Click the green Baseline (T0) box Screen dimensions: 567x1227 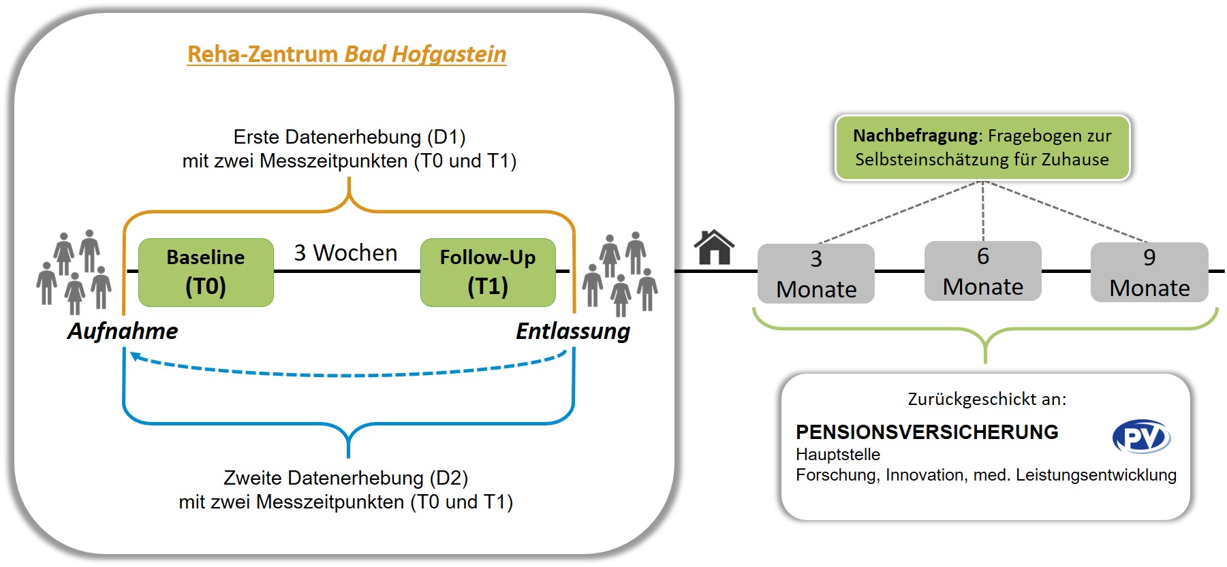pos(206,272)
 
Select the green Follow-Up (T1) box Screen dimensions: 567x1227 pos(488,272)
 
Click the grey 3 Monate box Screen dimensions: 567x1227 pos(816,274)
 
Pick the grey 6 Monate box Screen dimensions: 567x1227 pos(982,271)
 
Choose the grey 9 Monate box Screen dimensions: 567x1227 pos(1149,272)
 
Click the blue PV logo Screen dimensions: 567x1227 pos(1141,437)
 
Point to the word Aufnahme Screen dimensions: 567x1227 pos(123,331)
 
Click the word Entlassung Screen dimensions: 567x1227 pos(572,331)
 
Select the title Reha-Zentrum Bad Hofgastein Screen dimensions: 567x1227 pos(347,54)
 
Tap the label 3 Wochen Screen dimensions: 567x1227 pos(345,253)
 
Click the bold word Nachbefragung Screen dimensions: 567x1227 pos(915,135)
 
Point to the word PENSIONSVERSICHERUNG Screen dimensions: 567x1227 pos(927,432)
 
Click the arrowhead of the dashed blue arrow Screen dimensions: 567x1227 pos(135,356)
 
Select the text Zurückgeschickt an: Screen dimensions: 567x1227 pos(987,399)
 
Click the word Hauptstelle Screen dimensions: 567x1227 pos(838,455)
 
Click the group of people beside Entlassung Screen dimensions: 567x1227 pos(621,274)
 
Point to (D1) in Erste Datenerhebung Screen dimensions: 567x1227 pos(446,137)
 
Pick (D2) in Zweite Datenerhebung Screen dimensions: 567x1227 pos(449,478)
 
